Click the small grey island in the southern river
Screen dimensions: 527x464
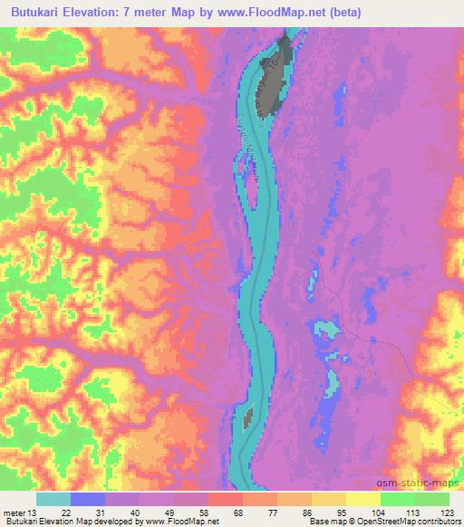pos(247,417)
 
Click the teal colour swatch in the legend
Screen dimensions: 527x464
pos(53,498)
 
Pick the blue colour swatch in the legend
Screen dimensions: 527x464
pos(88,498)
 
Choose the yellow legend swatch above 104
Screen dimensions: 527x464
pos(363,498)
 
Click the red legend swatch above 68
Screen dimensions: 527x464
pos(226,498)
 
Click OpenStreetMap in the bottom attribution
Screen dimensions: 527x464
pos(398,522)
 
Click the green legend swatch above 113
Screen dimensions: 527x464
pos(398,498)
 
